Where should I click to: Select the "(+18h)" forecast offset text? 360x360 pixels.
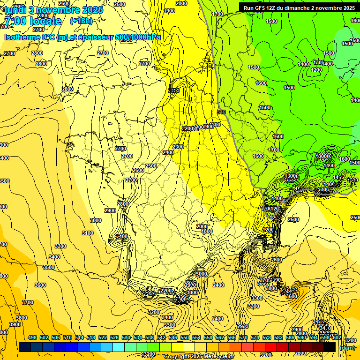pos(81,21)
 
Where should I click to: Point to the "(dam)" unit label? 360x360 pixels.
pos(347,347)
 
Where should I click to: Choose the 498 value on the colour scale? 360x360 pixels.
pos(32,337)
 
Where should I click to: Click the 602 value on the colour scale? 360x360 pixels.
pos(337,337)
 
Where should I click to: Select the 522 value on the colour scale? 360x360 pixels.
pos(103,337)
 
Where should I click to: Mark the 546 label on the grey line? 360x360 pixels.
pos(222,112)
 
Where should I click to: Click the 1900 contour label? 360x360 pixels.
pos(170,11)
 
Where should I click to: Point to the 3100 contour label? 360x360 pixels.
pos(87,233)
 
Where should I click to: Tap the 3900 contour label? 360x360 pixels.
pos(15,324)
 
